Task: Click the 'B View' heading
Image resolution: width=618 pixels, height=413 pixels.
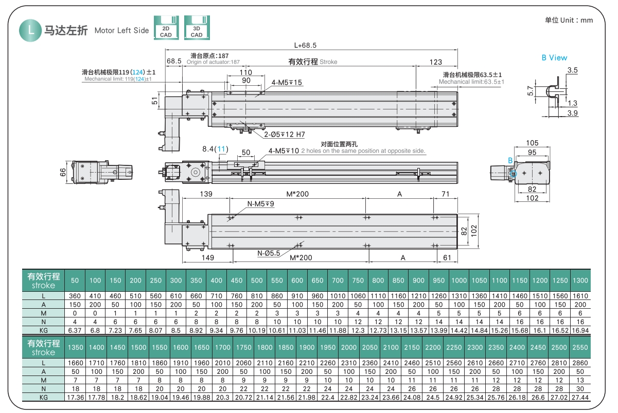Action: point(554,58)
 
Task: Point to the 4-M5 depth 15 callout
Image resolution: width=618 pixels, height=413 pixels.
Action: point(287,82)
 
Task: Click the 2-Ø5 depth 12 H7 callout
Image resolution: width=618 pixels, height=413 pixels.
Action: point(285,135)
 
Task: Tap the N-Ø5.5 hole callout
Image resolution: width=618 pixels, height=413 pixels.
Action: point(269,253)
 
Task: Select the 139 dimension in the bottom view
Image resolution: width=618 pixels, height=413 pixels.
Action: point(206,194)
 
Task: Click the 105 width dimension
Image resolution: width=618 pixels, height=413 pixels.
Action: point(533,143)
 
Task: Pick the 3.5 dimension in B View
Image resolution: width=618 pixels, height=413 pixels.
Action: point(572,70)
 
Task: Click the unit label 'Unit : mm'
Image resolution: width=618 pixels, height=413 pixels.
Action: point(569,20)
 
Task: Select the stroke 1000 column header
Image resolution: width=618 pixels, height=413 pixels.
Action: point(459,280)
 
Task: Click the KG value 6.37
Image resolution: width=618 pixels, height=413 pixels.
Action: point(75,330)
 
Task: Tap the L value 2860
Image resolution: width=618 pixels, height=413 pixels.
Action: point(580,363)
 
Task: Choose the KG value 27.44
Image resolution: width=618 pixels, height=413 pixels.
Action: point(580,398)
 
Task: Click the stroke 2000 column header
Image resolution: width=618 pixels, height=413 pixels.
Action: point(349,347)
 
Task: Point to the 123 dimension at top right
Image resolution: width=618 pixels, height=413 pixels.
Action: point(435,62)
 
